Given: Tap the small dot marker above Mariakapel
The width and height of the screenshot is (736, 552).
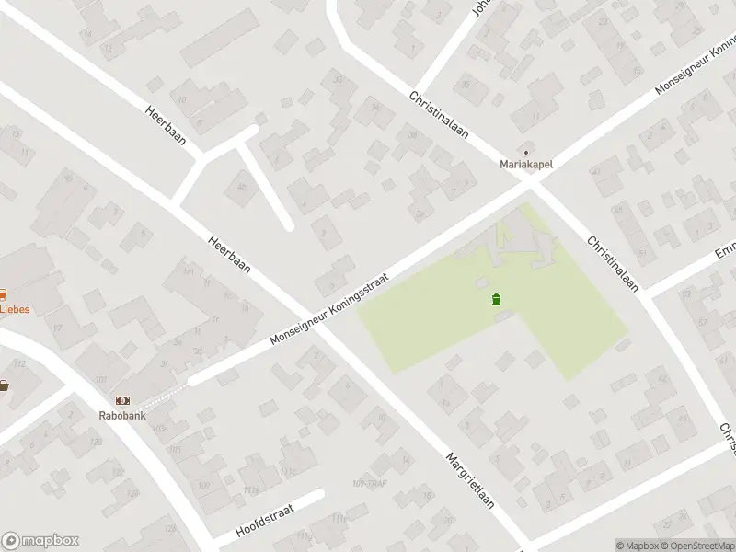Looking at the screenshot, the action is [x=526, y=152].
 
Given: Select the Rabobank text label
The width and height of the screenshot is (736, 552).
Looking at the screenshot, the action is [x=122, y=414].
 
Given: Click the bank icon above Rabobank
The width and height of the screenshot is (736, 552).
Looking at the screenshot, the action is [x=122, y=400].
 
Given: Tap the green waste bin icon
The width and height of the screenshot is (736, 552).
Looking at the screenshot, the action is [x=496, y=299].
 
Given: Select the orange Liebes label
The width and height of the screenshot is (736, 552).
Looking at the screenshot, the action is [x=14, y=309].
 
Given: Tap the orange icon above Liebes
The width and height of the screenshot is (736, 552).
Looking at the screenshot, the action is [x=3, y=295].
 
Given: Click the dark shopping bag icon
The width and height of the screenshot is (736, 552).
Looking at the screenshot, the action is [x=4, y=385].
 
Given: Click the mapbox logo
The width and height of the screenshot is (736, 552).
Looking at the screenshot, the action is [x=40, y=541].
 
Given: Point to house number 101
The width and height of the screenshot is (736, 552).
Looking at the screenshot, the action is [x=100, y=379].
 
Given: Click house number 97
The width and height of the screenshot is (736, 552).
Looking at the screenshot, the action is [x=57, y=328].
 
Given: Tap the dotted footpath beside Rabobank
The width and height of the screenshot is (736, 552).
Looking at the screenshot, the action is [x=162, y=393].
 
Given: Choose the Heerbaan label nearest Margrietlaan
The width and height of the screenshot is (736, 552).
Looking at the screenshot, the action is [x=229, y=251].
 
